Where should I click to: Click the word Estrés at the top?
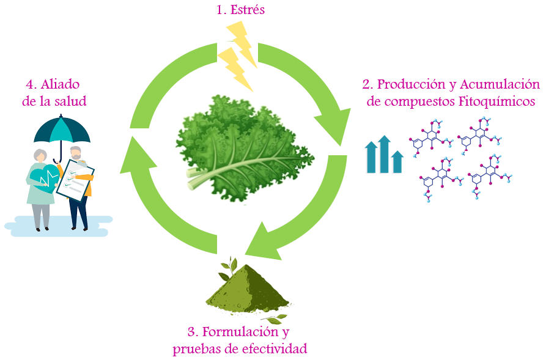tap(247, 10)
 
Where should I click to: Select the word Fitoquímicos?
tap(497, 101)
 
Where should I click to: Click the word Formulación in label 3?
tap(240, 332)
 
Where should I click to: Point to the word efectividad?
tap(275, 348)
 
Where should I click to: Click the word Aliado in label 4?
tap(60, 84)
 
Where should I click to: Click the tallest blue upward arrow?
tap(384, 154)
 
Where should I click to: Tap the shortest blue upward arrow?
tap(397, 161)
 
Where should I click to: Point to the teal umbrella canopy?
tap(62, 129)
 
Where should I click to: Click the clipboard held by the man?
tap(75, 180)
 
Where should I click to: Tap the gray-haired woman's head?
tap(40, 156)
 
